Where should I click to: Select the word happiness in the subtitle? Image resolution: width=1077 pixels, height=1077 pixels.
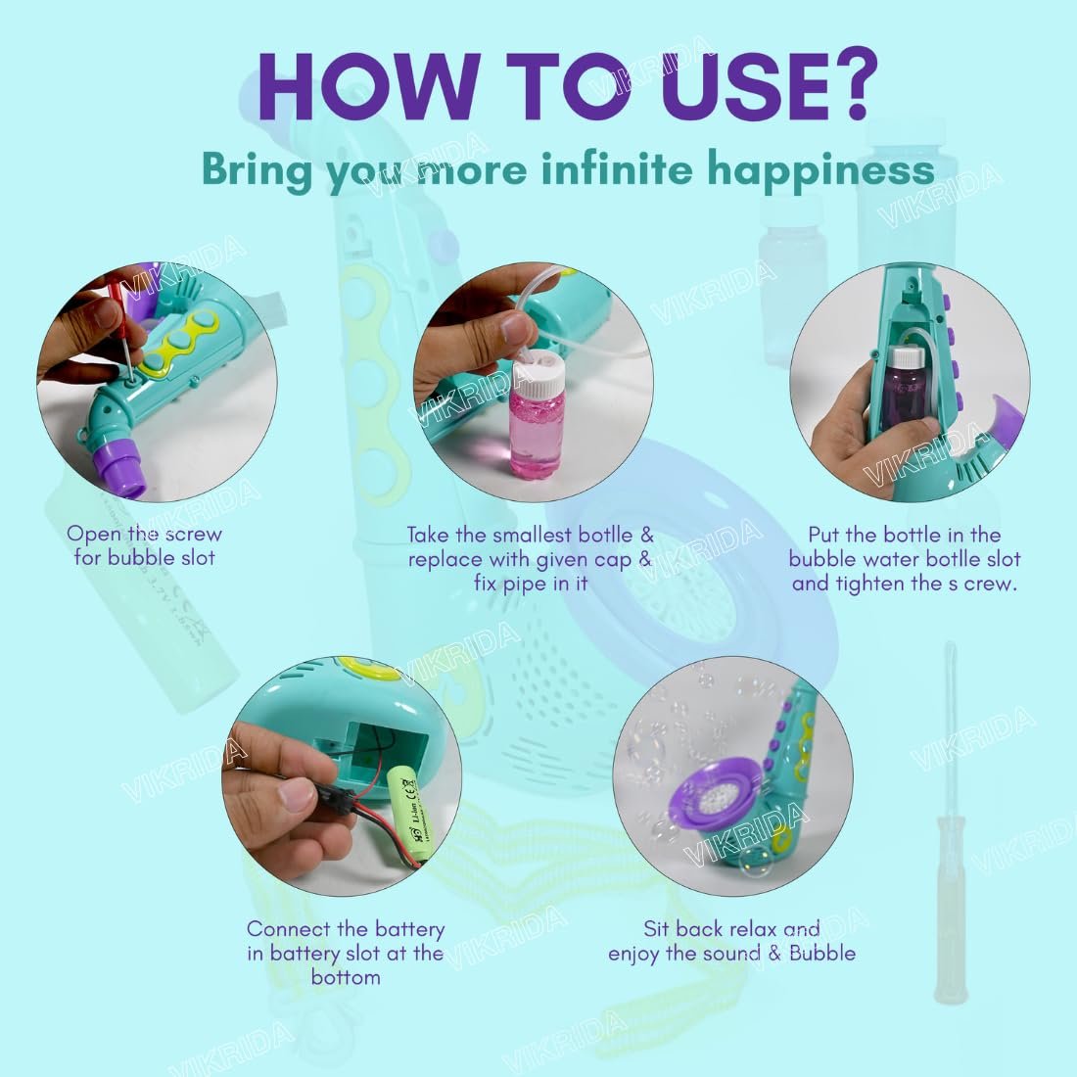click(820, 170)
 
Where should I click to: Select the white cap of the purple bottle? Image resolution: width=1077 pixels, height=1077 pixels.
click(908, 356)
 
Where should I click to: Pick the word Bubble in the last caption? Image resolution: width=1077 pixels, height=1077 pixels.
click(822, 954)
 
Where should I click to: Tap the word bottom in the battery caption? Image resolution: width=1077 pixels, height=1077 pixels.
click(346, 977)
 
